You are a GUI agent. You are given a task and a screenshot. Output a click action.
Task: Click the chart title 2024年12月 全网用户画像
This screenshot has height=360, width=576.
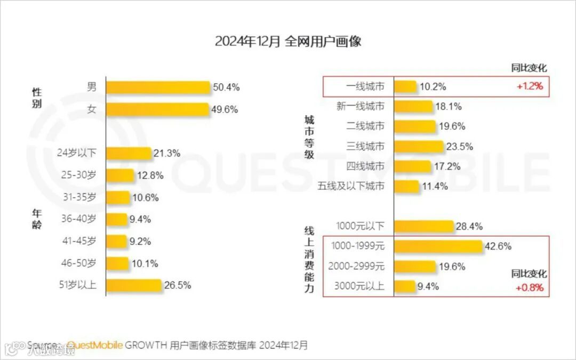(x=288, y=42)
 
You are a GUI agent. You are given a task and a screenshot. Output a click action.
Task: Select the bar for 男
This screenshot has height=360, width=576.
(x=158, y=87)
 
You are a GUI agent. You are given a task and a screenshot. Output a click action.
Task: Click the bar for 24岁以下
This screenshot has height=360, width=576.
(x=129, y=153)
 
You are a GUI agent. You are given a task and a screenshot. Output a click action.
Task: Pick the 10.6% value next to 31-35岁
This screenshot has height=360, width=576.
(x=145, y=197)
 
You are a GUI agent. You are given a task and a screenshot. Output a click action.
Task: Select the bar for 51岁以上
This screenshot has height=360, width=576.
(x=133, y=285)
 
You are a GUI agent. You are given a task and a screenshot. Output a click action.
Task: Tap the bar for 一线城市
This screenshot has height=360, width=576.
(x=405, y=86)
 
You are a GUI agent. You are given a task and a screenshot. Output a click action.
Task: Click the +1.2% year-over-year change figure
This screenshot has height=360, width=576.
(x=529, y=86)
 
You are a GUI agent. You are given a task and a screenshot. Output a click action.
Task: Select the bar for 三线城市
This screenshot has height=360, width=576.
(x=419, y=147)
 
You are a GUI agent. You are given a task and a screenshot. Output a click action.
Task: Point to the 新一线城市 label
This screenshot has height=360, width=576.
(x=360, y=106)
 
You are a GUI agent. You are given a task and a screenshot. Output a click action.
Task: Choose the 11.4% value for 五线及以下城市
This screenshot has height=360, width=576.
(x=435, y=187)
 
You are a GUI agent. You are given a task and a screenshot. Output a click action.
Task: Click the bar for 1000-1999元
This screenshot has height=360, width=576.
(x=438, y=246)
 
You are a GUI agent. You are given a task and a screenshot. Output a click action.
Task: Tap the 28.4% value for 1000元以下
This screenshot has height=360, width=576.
(x=469, y=227)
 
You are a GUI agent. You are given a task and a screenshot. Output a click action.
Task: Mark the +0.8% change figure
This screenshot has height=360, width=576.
(x=529, y=288)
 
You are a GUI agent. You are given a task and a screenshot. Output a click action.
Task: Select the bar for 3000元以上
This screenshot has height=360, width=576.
(x=404, y=286)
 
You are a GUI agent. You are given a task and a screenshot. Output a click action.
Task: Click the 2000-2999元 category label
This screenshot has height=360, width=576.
(x=357, y=266)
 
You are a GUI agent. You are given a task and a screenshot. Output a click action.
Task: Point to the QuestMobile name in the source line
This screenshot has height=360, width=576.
(x=95, y=345)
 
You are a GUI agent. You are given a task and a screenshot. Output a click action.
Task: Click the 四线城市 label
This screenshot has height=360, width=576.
(x=365, y=166)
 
